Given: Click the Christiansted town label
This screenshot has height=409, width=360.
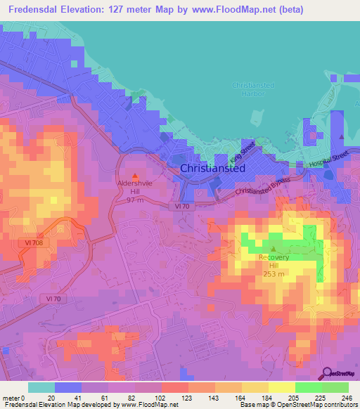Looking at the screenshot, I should [x=212, y=169].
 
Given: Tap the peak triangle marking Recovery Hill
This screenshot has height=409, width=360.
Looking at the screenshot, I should [x=274, y=249].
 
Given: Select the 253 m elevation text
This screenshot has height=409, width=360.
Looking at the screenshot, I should [x=274, y=274].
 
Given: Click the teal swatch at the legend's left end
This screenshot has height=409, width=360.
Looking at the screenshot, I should [x=41, y=387].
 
